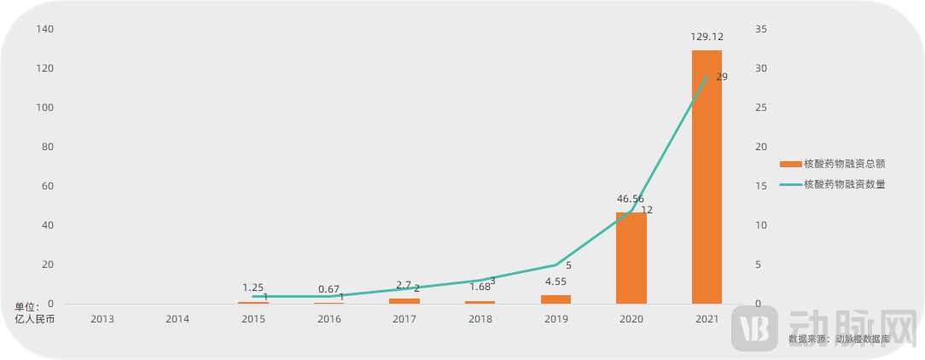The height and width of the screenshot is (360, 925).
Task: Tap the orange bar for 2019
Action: point(556,299)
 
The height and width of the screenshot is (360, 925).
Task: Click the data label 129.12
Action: point(707,37)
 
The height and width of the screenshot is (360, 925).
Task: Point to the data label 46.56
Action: point(631,199)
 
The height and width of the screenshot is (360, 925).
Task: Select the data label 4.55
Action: point(556,282)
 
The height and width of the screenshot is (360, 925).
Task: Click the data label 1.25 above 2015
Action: point(253,287)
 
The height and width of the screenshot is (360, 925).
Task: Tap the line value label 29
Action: point(722,77)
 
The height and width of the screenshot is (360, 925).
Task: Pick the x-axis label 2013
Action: point(102,319)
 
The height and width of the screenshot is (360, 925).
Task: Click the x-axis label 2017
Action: point(404,319)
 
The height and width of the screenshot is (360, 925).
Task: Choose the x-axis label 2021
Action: point(707,319)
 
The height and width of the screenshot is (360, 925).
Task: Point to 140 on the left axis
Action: point(45,29)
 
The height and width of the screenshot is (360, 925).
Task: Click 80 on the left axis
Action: point(48,147)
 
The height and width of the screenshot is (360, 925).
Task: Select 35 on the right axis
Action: point(762,29)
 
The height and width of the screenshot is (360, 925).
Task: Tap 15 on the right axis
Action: point(762,186)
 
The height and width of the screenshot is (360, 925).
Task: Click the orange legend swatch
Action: point(789,164)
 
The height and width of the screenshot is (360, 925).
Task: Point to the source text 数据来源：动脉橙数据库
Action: point(840,340)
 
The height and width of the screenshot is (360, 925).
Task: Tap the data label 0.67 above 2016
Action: point(329,289)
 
